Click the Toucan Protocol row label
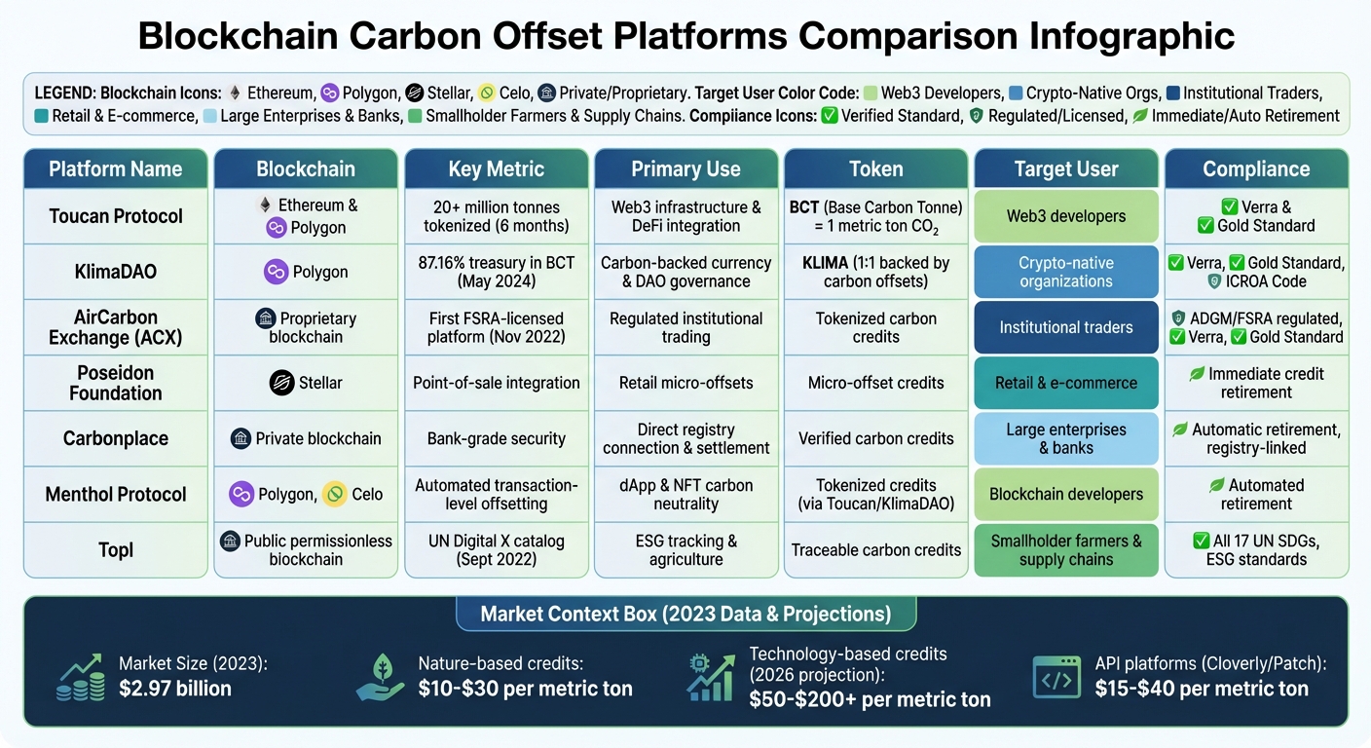pos(116,216)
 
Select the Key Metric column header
pos(496,168)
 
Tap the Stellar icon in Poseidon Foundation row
pos(281,383)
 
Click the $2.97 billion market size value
pos(175,689)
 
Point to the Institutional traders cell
pos(1066,327)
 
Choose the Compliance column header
pos(1256,168)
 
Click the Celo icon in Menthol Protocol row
pos(336,494)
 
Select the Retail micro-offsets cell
pos(685,383)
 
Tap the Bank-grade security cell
pos(496,438)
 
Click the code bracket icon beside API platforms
pos(1056,677)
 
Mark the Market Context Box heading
pos(685,614)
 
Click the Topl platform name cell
pos(116,550)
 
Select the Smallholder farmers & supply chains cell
pos(1066,550)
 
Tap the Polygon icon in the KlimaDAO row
pos(276,272)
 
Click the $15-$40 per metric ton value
pos(1202,689)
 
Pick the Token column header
pos(876,168)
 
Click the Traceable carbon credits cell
pos(876,550)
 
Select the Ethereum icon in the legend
pos(235,93)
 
